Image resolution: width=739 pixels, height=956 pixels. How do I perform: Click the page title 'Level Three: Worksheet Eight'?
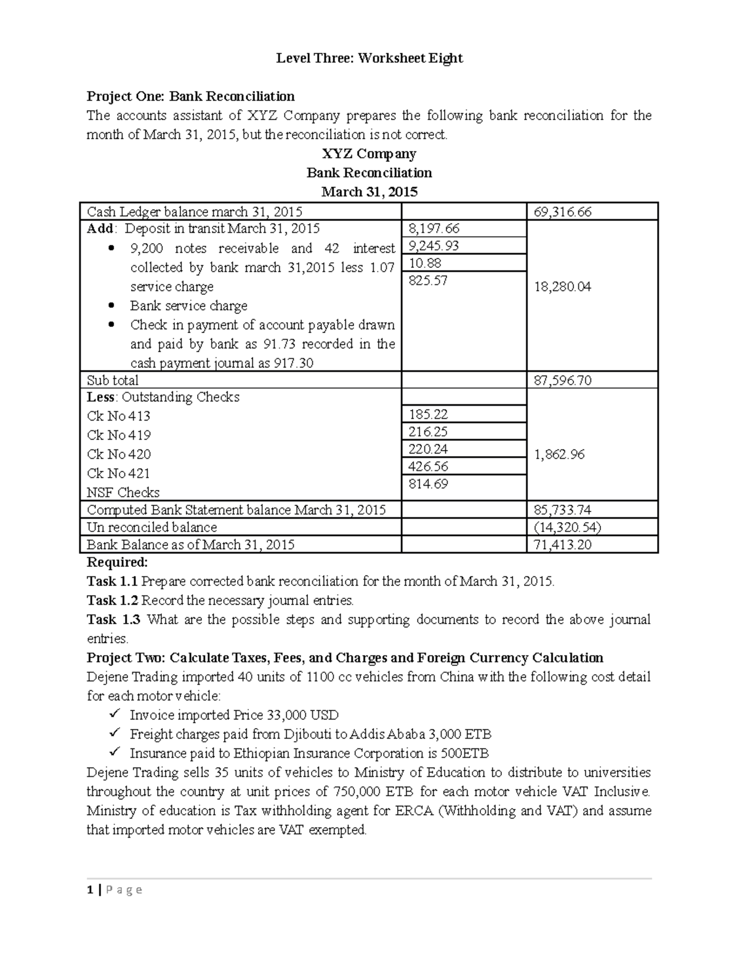click(x=369, y=58)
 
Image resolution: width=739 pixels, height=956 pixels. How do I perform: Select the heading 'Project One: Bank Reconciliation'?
click(x=190, y=97)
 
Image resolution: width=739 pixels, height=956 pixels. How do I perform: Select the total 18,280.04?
click(x=562, y=287)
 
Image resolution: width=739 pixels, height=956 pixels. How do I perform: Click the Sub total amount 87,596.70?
click(x=562, y=380)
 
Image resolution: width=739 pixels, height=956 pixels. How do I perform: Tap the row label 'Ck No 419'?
click(x=119, y=436)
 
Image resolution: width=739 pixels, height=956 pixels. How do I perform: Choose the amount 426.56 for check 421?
click(x=428, y=467)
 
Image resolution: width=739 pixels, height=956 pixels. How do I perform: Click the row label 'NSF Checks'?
click(x=123, y=493)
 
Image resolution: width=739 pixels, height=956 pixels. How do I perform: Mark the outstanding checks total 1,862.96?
click(x=559, y=455)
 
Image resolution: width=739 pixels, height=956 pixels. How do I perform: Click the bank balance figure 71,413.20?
click(x=562, y=545)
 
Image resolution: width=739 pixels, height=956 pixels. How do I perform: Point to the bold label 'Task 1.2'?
click(x=113, y=601)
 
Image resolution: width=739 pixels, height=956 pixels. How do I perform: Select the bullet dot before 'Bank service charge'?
click(x=111, y=306)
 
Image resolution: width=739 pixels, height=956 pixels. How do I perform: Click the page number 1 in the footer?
click(x=90, y=890)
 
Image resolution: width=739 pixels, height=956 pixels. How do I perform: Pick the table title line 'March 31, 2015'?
click(x=369, y=192)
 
